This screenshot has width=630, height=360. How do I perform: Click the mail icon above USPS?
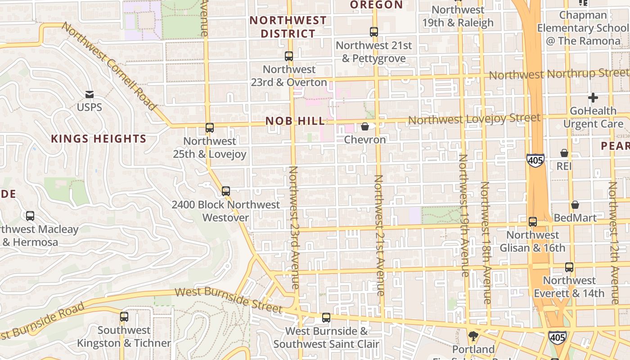click(89, 94)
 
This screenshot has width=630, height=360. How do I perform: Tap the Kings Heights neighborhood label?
click(99, 139)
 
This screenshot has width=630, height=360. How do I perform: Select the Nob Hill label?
click(295, 121)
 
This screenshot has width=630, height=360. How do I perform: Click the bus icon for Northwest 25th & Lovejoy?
click(209, 128)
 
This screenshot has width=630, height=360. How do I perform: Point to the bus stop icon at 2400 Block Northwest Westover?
click(226, 191)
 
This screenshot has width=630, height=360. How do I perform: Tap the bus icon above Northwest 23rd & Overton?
click(289, 56)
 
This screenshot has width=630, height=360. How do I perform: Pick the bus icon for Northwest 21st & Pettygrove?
click(374, 32)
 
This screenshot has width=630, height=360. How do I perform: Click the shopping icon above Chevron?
click(365, 126)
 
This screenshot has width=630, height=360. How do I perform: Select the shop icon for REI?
click(564, 153)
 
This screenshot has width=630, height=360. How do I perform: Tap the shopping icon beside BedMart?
click(575, 205)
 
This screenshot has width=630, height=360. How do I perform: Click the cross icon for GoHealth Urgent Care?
click(593, 97)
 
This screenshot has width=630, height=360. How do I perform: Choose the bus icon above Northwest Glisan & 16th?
click(533, 222)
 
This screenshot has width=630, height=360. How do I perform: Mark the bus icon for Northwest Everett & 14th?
click(569, 267)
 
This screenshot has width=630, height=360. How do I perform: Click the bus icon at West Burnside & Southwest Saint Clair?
click(326, 318)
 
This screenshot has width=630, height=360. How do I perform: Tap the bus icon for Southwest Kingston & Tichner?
click(124, 317)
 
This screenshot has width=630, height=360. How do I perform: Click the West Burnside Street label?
click(228, 300)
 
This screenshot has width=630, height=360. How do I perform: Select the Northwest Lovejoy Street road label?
click(474, 119)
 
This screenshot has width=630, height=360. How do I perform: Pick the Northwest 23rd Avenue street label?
click(294, 227)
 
